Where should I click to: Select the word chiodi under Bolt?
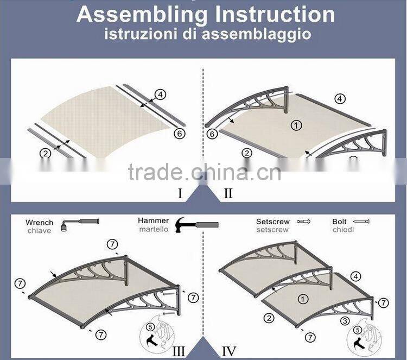tap(343, 230)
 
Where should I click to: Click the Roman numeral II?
tap(228, 193)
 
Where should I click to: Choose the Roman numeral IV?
tap(229, 351)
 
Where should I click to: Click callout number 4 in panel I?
tap(161, 94)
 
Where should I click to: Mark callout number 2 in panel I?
tap(46, 153)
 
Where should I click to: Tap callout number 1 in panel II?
tap(296, 125)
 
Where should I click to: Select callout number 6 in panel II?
tap(212, 134)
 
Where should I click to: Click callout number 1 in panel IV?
tap(303, 298)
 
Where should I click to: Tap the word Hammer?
tap(154, 220)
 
